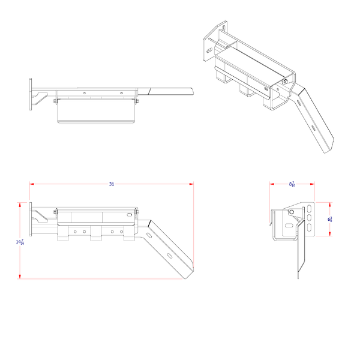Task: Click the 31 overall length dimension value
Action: pyautogui.click(x=112, y=184)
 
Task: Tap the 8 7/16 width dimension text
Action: pyautogui.click(x=292, y=184)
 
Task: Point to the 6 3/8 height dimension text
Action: pyautogui.click(x=329, y=220)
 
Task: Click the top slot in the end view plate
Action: pyautogui.click(x=309, y=209)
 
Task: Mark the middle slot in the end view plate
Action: pyautogui.click(x=309, y=219)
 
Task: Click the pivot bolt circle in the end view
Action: pyautogui.click(x=291, y=212)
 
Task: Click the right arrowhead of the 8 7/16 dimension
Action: pyautogui.click(x=313, y=184)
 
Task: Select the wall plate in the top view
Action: pyautogui.click(x=31, y=96)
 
